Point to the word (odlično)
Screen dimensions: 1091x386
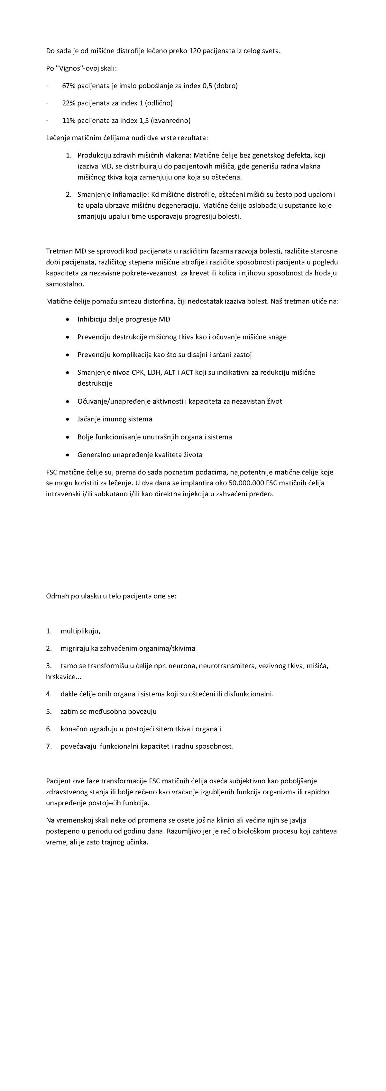coord(159,103)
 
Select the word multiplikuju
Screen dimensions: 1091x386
coord(80,631)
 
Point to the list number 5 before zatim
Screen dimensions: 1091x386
coord(48,711)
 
